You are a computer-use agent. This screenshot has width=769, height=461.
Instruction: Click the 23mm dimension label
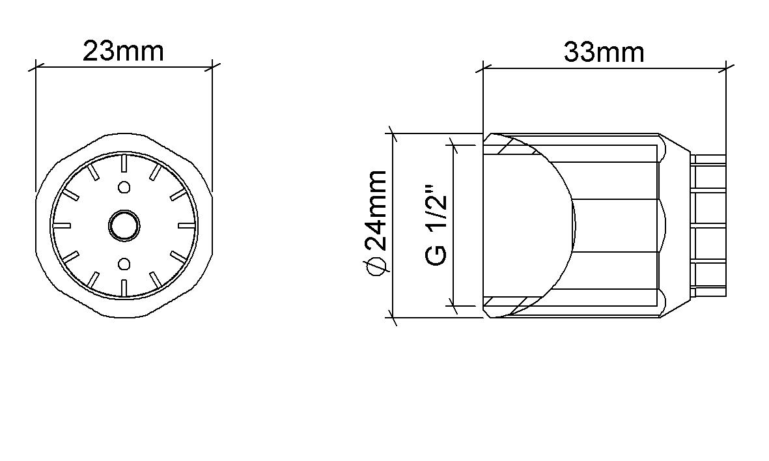pyautogui.click(x=123, y=51)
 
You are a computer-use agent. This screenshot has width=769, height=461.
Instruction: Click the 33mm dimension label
pyautogui.click(x=604, y=52)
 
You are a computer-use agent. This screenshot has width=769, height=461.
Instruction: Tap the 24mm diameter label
pyautogui.click(x=376, y=211)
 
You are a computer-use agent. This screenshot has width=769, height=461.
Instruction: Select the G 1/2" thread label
pyautogui.click(x=436, y=225)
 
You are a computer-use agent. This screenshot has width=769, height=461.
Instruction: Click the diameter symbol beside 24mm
pyautogui.click(x=376, y=265)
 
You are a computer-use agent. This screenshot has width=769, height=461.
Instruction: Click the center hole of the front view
pyautogui.click(x=124, y=226)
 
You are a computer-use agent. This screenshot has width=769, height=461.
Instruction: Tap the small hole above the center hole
pyautogui.click(x=124, y=188)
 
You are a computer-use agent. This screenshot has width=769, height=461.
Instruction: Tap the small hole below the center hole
pyautogui.click(x=124, y=264)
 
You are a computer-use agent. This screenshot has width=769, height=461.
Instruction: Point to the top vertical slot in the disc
pyautogui.click(x=124, y=163)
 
